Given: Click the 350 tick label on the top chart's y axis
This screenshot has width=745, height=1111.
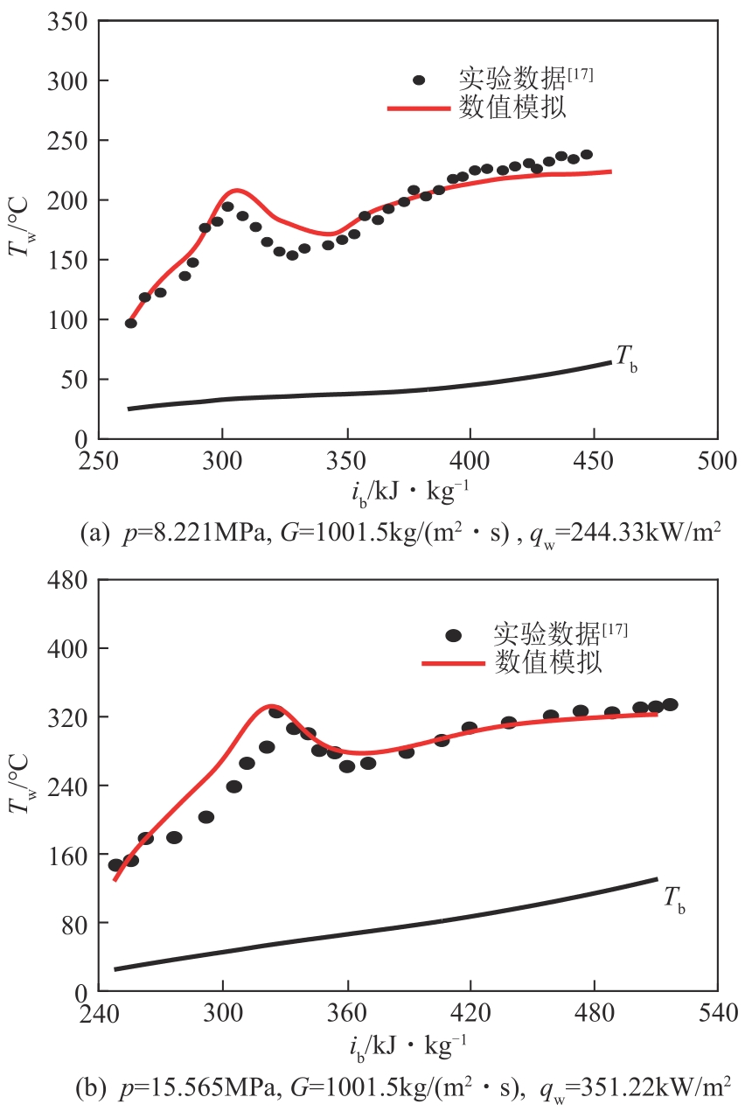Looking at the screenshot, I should point(67,21).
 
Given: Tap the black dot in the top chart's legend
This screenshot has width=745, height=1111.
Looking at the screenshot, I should point(419,80).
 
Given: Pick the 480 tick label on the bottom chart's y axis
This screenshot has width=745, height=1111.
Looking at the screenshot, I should point(67,579).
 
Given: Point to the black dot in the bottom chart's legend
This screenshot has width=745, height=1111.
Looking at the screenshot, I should point(453,636).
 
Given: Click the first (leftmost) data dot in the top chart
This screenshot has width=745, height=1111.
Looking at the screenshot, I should point(131,323).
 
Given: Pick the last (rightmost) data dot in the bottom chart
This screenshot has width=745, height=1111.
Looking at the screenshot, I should point(670,704).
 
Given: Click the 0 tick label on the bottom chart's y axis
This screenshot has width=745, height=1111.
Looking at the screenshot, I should point(80,992).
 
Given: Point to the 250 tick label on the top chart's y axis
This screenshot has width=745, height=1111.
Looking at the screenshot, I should point(67,140).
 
